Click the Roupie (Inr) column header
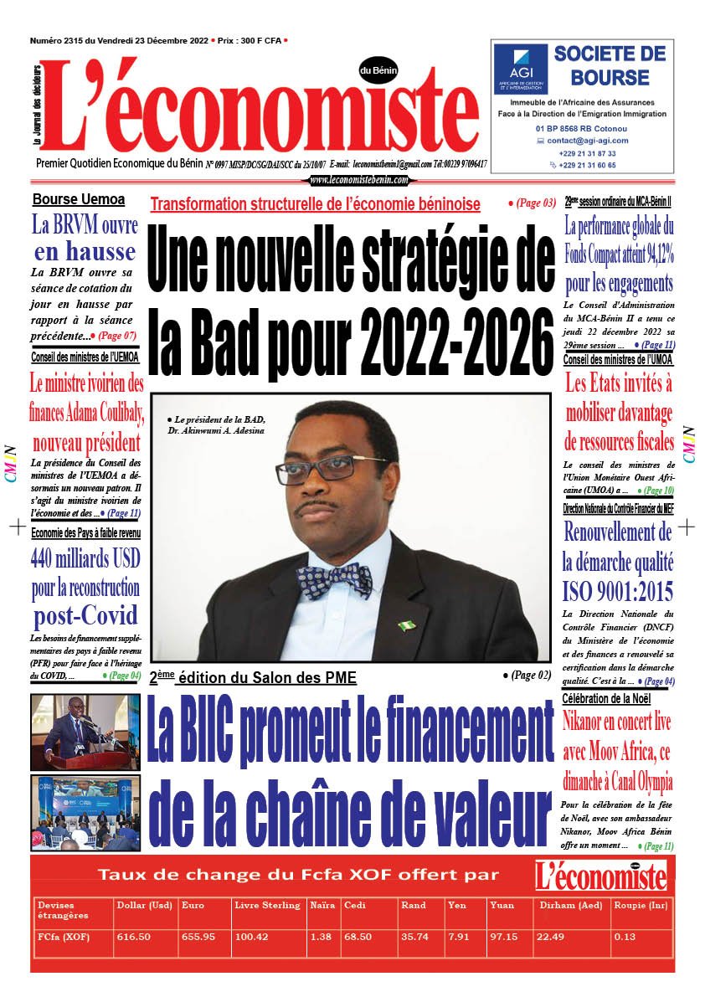pos(636,905)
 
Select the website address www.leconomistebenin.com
pos(358,180)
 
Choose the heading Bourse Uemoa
pos(79,199)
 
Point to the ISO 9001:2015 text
pos(618,592)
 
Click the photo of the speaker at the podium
pos(74,726)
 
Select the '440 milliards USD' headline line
pos(85,558)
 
